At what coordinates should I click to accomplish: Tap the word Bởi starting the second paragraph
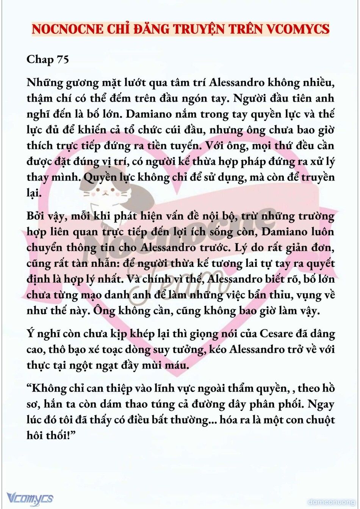(x=35, y=216)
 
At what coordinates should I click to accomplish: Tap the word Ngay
(x=321, y=404)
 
